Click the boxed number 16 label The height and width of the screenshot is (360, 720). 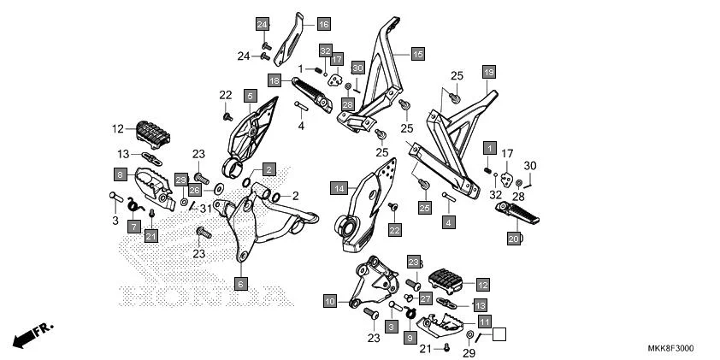(x=324, y=24)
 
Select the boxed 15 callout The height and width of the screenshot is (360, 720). (x=417, y=54)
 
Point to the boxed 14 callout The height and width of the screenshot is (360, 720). (x=339, y=186)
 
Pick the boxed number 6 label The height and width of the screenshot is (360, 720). (x=241, y=282)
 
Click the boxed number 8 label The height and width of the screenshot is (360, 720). (x=121, y=174)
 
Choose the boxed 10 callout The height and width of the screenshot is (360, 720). (x=329, y=301)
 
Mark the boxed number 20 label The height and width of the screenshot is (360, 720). (x=514, y=239)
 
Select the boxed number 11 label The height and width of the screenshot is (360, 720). (x=484, y=322)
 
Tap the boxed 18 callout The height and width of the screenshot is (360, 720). (x=274, y=80)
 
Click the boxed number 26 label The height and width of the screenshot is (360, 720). (x=195, y=190)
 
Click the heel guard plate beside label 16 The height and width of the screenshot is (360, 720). (x=292, y=38)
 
